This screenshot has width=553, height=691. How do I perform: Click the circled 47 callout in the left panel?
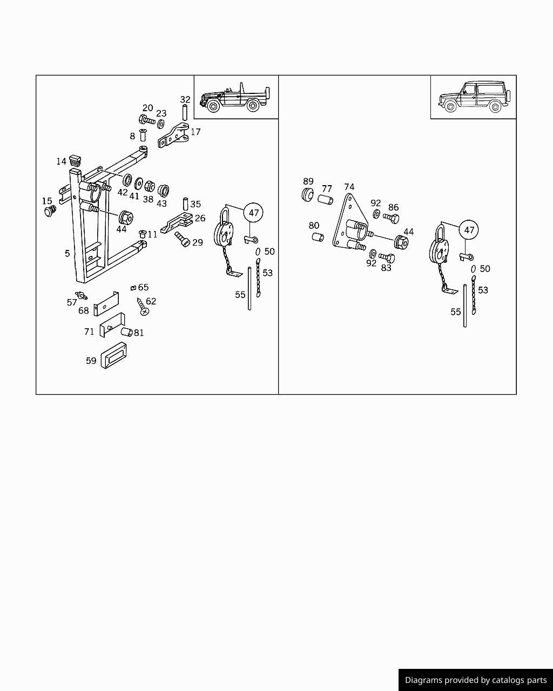254,213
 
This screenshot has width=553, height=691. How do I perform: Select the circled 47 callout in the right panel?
469,230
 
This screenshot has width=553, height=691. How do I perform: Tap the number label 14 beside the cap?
61,161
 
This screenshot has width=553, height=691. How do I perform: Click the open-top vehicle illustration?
235,98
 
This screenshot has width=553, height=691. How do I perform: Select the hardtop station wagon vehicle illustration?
472,97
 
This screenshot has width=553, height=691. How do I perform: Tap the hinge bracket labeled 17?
174,137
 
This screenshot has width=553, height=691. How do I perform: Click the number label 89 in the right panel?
308,181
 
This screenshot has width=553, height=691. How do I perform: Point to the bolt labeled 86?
391,218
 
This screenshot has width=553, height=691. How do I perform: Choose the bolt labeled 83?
387,258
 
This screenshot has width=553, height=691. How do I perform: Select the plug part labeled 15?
51,211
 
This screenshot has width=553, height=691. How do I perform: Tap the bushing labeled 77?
325,200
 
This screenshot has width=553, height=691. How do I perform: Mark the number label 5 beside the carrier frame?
67,253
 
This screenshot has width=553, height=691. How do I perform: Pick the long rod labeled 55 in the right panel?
464,306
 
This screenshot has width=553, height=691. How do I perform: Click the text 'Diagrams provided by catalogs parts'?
475,680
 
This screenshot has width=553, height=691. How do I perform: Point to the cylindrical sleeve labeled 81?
126,332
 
